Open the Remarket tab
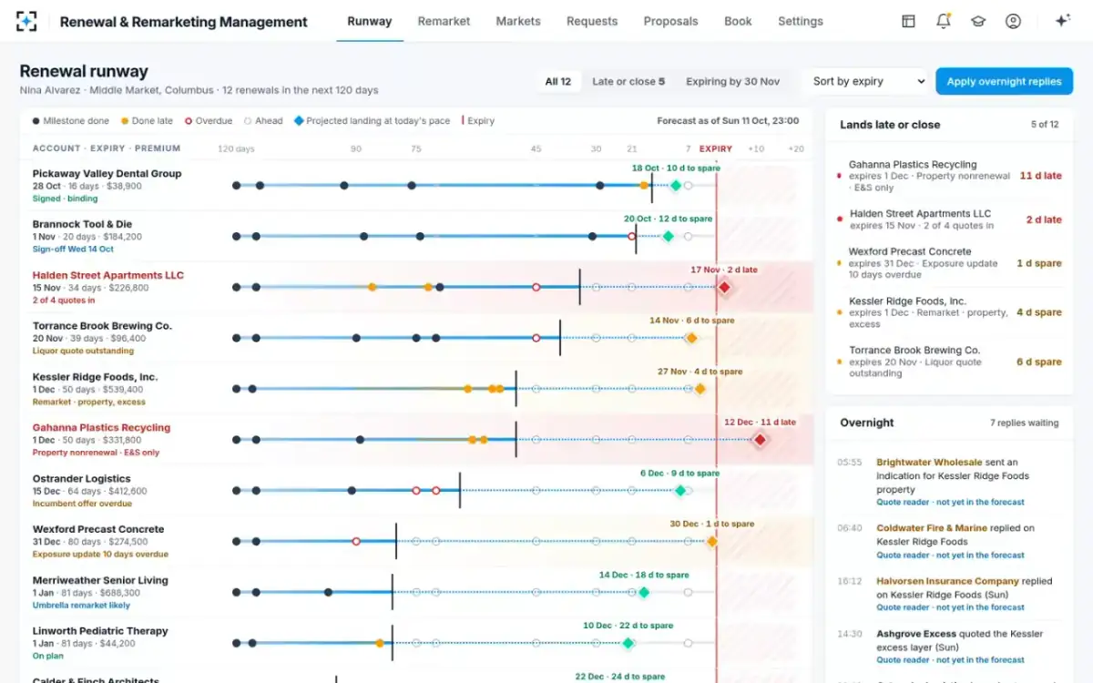(x=444, y=22)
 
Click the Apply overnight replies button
(x=1004, y=81)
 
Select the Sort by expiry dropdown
(x=868, y=81)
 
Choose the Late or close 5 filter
(x=628, y=81)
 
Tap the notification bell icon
(x=944, y=21)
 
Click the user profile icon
(x=1013, y=22)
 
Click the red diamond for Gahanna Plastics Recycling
(x=760, y=440)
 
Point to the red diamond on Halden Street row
(x=724, y=288)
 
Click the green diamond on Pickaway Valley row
(x=675, y=186)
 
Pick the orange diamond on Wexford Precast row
(x=712, y=542)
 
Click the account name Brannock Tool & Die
(x=82, y=224)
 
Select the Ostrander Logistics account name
(x=81, y=479)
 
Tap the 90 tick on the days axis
(x=356, y=148)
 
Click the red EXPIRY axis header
(x=715, y=148)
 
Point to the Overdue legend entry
(x=209, y=121)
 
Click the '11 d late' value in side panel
(x=1040, y=176)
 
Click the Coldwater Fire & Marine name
(x=932, y=528)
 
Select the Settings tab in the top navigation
(x=801, y=22)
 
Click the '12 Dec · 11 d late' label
(x=760, y=422)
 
